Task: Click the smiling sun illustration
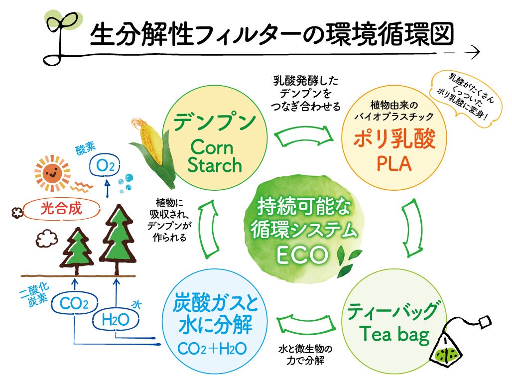coord(52,172)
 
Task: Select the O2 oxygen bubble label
coord(105,167)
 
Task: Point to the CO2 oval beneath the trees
coord(74,303)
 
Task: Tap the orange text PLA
coord(394,164)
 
